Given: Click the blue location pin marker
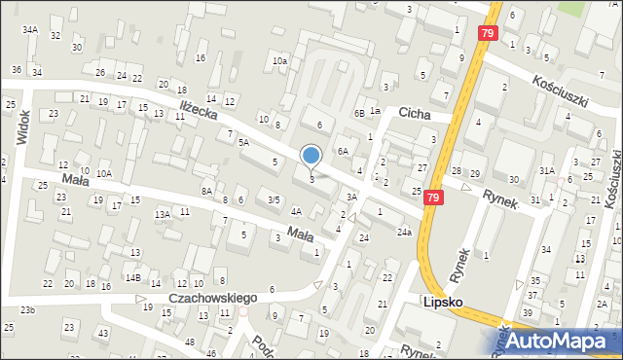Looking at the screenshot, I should coord(311,156).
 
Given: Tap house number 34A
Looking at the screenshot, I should coord(30,30).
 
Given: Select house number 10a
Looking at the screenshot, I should coord(279,61).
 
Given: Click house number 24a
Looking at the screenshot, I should coord(404,233).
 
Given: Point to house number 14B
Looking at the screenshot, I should coord(132,278).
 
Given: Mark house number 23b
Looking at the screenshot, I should coord(28,310).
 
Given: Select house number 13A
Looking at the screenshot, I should coord(163,214).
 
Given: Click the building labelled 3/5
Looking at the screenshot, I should coord(275,199).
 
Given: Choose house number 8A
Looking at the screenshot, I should coord(206,192).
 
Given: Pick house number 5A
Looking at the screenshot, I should coord(244,142).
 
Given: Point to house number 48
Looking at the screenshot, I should coord(188,342).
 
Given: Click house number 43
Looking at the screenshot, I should coord(103,334).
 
